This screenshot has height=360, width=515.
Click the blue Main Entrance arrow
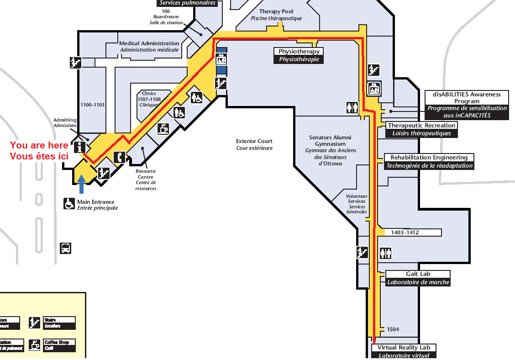coord(81,185)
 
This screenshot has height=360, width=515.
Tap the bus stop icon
coord(65,249)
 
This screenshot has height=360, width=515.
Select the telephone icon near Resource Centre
coord(120,157)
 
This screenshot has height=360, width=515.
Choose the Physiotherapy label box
coord(299,55)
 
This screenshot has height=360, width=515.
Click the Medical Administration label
coord(149,46)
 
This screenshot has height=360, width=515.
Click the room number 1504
coord(393,329)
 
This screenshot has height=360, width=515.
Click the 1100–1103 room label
coord(93,105)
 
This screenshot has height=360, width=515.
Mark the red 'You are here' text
coord(39,151)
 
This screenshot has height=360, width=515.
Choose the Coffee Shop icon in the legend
coord(34,345)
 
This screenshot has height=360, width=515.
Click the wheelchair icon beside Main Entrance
coord(69,204)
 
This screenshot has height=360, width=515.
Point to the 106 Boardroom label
coord(166,16)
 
